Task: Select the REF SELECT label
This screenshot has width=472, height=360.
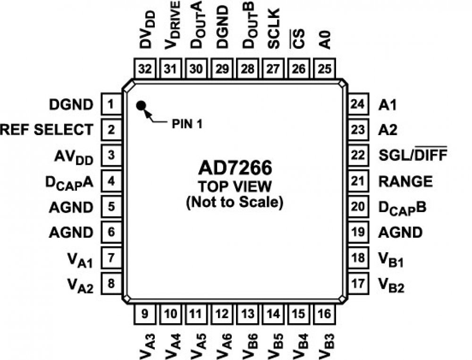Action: click(x=46, y=129)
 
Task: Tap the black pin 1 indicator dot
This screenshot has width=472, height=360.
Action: click(x=141, y=105)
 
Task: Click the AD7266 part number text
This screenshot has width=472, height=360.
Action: click(x=234, y=169)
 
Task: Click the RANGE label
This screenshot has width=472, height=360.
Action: click(x=405, y=181)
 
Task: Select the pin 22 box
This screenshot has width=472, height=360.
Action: click(x=358, y=155)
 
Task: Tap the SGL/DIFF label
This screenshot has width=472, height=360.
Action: click(x=413, y=155)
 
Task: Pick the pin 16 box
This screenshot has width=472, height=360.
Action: click(x=325, y=312)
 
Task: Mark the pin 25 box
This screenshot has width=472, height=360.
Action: click(x=325, y=69)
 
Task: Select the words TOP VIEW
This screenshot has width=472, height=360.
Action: click(x=234, y=186)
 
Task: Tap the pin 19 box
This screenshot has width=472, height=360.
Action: click(x=358, y=232)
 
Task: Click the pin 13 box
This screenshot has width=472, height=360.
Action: click(x=248, y=312)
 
